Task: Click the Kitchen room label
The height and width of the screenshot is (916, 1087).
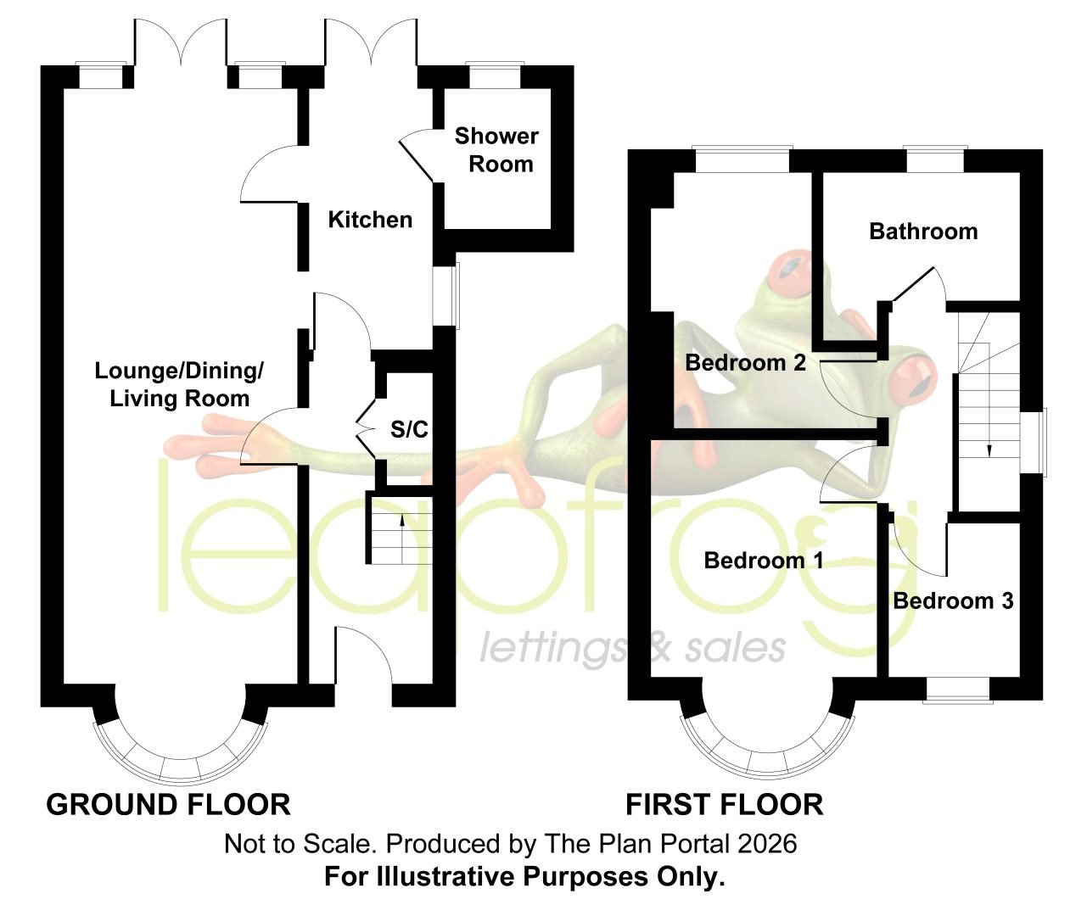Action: click(370, 220)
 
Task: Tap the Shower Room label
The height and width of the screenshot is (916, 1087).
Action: click(496, 150)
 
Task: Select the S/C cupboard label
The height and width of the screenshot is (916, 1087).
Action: click(409, 430)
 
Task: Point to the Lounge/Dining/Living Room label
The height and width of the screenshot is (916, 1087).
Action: click(179, 384)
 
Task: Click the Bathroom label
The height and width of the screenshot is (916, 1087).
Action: click(923, 232)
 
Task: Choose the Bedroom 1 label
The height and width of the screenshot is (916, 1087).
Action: click(764, 561)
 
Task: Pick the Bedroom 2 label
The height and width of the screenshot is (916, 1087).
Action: click(746, 363)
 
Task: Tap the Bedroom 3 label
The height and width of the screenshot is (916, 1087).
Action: click(954, 601)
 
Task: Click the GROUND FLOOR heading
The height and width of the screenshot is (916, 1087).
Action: click(169, 805)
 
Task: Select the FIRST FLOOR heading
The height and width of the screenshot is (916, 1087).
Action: click(725, 805)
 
